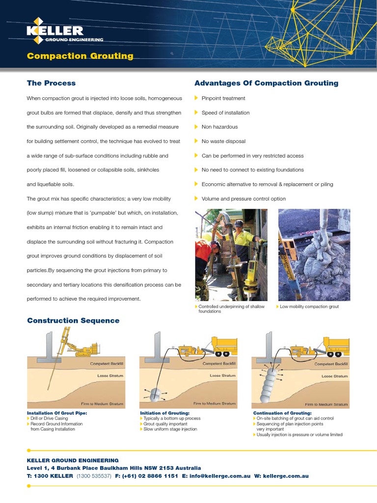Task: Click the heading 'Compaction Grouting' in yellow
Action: coord(80,56)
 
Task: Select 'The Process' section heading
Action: coord(52,83)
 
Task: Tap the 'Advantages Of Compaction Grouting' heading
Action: coord(267,83)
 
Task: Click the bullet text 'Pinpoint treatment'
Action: coord(223,98)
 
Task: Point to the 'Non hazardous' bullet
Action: coord(219,127)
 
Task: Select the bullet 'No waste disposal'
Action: coord(223,141)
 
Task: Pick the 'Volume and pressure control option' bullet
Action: coord(243,199)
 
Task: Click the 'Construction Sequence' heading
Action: coord(73,321)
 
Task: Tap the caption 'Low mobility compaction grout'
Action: coord(309,307)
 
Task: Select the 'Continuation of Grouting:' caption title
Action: coord(282,413)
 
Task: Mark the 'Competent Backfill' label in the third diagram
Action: coord(331,364)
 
